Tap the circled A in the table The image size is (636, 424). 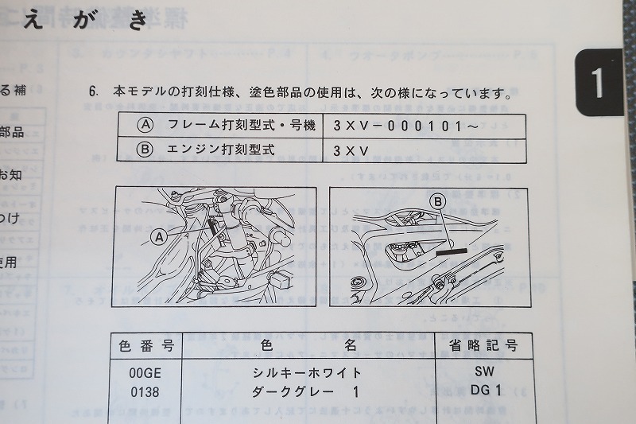click(145, 125)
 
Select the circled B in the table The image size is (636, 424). click(145, 149)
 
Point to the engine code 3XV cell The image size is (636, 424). click(349, 150)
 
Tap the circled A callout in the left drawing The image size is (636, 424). click(158, 235)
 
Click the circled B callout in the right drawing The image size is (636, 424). click(437, 202)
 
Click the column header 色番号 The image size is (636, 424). click(146, 346)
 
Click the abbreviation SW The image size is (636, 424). click(484, 371)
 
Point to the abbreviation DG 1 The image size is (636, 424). click(485, 390)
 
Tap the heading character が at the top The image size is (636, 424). click(87, 20)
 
